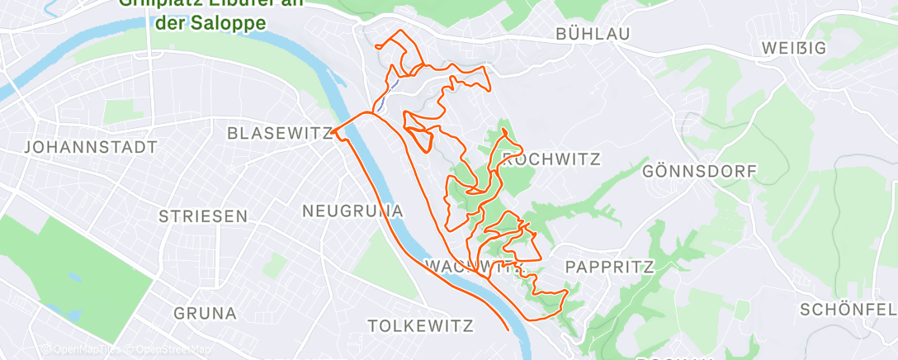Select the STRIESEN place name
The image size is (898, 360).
203,216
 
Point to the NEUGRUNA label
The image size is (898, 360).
352,211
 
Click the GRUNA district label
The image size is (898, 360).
206,313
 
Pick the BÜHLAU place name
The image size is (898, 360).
593,34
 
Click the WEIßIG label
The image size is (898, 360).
794,48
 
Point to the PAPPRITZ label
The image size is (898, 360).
609,267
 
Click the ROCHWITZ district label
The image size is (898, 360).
551,158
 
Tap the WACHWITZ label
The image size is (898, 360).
472,266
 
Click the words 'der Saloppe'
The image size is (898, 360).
210,22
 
